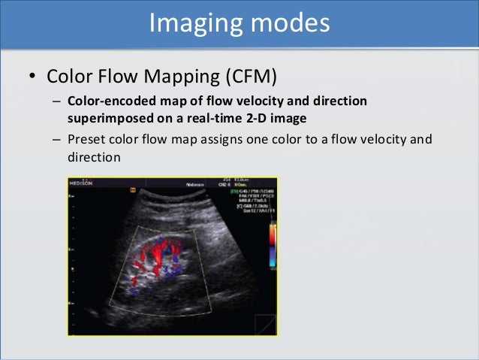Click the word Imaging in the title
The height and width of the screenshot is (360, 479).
coord(193,23)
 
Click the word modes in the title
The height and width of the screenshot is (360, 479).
coord(291,23)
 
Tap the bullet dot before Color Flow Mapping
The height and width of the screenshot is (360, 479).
coord(32,77)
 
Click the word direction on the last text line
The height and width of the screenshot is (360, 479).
coord(94,158)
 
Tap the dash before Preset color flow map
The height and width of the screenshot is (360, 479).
coord(57,139)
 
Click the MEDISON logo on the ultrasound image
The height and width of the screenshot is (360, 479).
coord(79,183)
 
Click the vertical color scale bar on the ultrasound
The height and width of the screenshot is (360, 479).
coord(273,245)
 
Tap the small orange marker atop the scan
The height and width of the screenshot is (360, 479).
coord(133,190)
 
